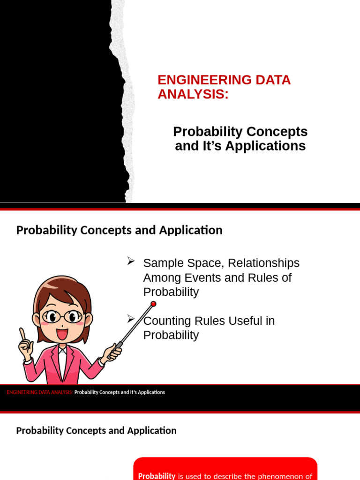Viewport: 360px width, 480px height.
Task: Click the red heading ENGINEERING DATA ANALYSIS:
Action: click(x=224, y=87)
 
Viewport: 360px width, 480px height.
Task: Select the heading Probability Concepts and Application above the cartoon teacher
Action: click(x=119, y=230)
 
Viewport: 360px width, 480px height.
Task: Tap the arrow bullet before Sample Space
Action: click(x=131, y=262)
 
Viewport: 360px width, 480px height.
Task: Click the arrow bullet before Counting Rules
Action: click(x=131, y=319)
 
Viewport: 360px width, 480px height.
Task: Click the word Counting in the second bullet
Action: click(x=165, y=321)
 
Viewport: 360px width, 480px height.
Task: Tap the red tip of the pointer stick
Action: click(x=153, y=304)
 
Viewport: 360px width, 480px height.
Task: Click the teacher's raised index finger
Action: click(x=22, y=333)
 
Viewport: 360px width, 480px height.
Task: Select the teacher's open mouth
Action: click(x=62, y=334)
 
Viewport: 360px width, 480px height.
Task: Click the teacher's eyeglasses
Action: click(x=61, y=316)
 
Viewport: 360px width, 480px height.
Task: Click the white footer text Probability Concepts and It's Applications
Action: click(x=120, y=392)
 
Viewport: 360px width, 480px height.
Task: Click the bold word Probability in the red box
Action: click(x=157, y=476)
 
